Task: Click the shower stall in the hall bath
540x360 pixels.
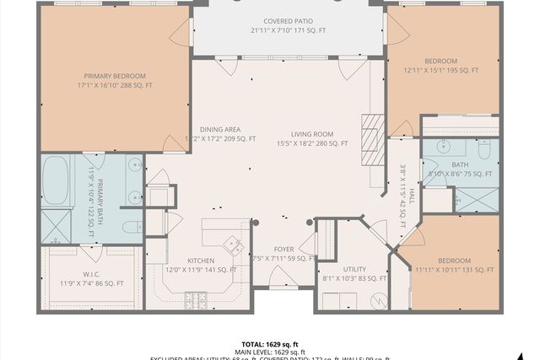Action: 477,200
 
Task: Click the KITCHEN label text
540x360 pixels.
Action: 200,261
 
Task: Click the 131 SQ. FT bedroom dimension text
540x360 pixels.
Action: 453,271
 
